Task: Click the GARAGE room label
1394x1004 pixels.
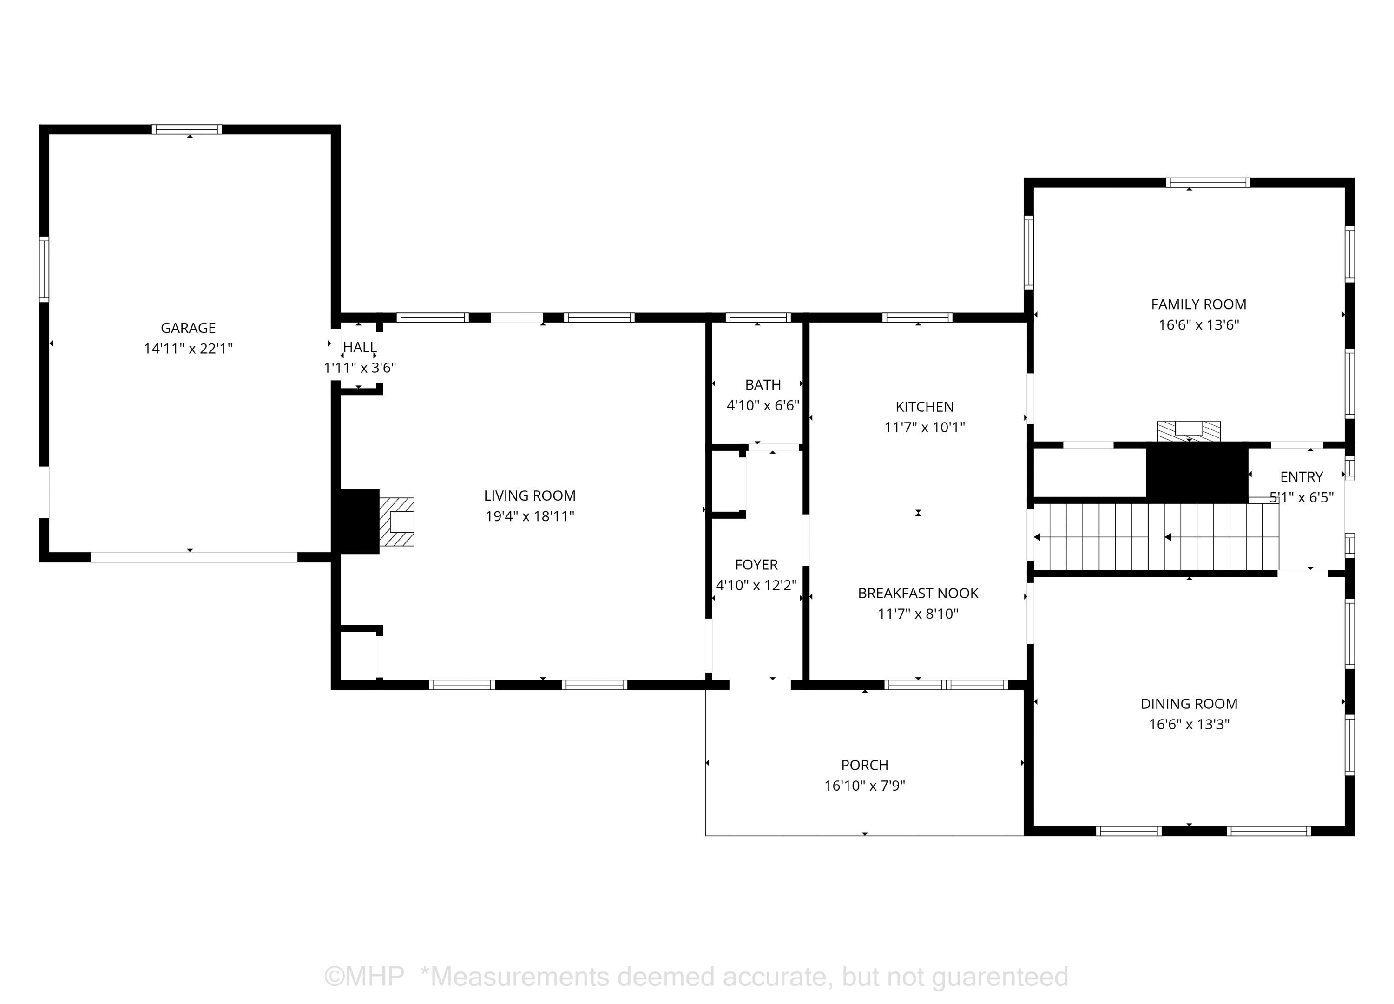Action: pyautogui.click(x=188, y=328)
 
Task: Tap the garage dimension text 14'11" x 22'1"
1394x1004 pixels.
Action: pyautogui.click(x=188, y=349)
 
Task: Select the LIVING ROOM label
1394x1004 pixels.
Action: pyautogui.click(x=530, y=495)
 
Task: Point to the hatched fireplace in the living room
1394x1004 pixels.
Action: pyautogui.click(x=396, y=522)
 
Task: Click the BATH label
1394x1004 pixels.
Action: pyautogui.click(x=763, y=385)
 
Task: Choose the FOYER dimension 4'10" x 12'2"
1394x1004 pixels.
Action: pyautogui.click(x=756, y=585)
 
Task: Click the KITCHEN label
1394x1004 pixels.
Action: pyautogui.click(x=924, y=407)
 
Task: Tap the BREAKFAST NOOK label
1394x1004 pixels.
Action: pyautogui.click(x=918, y=593)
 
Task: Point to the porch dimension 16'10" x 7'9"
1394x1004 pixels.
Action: pyautogui.click(x=865, y=785)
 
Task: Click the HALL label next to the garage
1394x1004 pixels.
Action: pyautogui.click(x=360, y=347)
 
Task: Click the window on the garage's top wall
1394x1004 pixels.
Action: pyautogui.click(x=187, y=129)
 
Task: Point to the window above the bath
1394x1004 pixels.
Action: pyautogui.click(x=758, y=318)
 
